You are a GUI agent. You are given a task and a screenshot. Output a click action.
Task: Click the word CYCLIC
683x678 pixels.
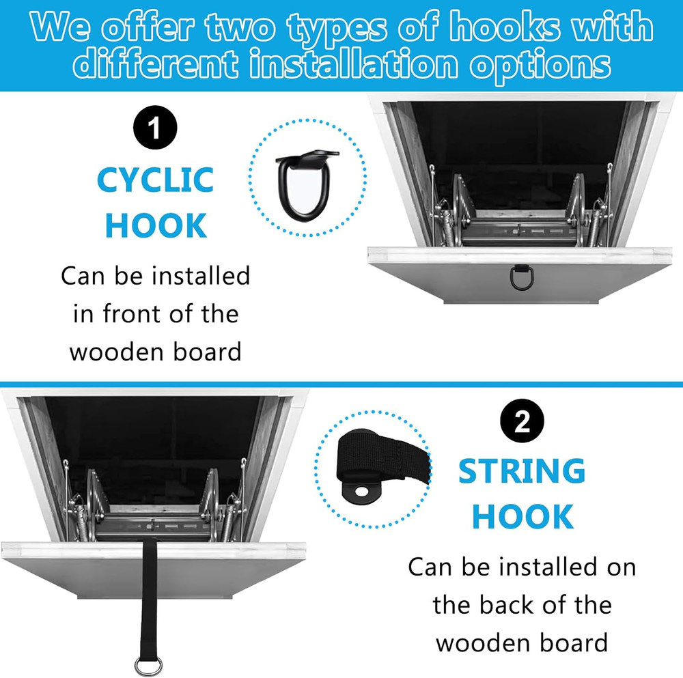point(155,180)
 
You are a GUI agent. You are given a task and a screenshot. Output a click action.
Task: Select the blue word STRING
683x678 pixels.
point(522,472)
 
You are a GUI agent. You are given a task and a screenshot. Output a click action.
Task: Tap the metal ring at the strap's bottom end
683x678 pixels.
point(148,664)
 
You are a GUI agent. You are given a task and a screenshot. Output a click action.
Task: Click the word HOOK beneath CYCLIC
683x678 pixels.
point(156,225)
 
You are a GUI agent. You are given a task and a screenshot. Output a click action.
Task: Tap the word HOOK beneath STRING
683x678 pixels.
point(522,517)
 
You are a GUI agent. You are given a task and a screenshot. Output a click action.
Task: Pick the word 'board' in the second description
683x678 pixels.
point(579,642)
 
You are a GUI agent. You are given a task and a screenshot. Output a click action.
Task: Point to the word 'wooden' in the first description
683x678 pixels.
point(113,352)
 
